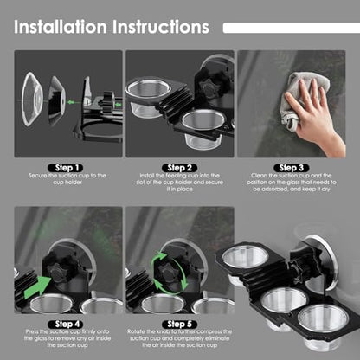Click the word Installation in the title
tap(61, 27)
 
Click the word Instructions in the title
tap(161, 27)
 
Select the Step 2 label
tap(180, 168)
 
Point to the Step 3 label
tap(292, 168)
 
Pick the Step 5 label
tap(180, 325)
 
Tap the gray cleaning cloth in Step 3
tap(303, 98)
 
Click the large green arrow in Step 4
tap(36, 287)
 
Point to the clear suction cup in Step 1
tap(32, 99)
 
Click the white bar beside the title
tap(292, 28)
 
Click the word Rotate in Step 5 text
tap(136, 331)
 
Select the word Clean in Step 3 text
tap(259, 176)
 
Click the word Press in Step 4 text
tap(32, 331)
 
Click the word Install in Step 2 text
tap(146, 176)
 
